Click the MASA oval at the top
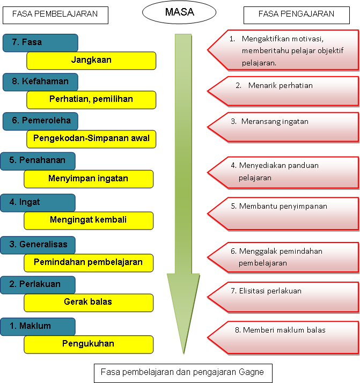pos(180,12)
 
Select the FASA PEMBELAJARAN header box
pos(55,14)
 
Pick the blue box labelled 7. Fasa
pos(40,43)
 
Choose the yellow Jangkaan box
pos(91,60)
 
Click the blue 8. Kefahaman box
pos(40,82)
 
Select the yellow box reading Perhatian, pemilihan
pos(91,99)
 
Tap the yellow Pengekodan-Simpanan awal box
pos(91,138)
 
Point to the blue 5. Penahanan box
pos(38,161)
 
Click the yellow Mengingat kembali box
pos(89,220)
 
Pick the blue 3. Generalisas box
pos(38,245)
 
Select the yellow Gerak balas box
pos(89,302)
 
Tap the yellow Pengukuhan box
pos(89,344)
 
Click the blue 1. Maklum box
pos(38,326)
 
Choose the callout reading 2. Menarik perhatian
pos(284,91)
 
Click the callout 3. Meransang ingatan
pos(284,127)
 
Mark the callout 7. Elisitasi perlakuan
pos(284,296)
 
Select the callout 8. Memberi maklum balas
pos(284,336)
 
